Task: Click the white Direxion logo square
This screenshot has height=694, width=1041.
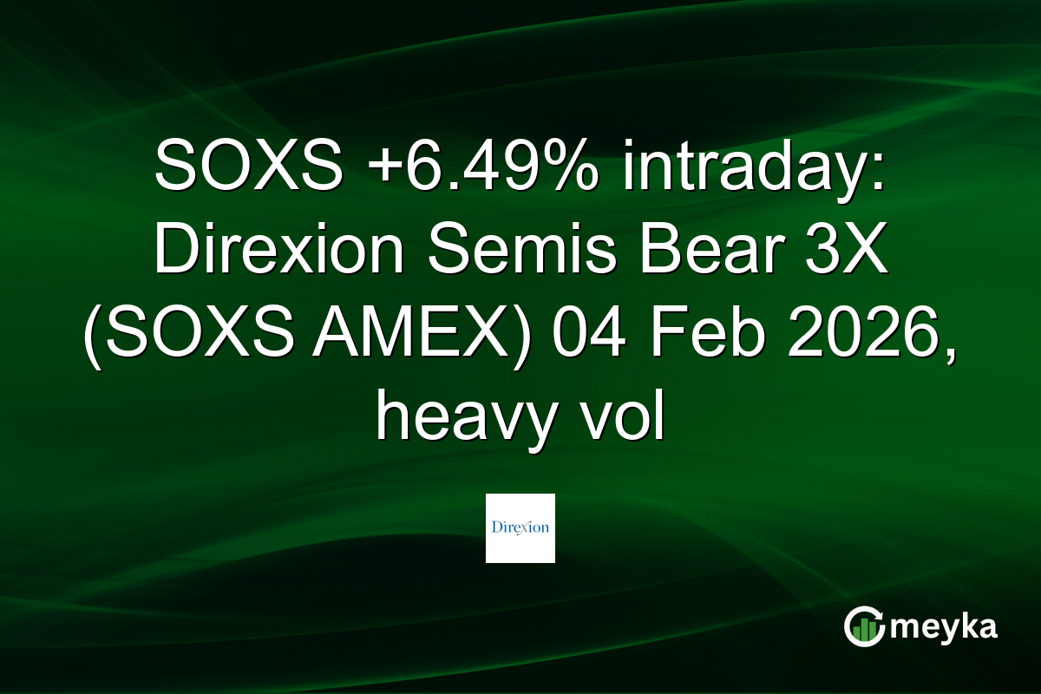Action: coord(520,528)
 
